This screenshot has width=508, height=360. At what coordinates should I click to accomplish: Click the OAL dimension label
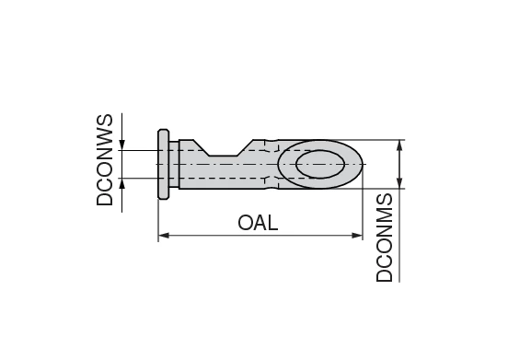258,223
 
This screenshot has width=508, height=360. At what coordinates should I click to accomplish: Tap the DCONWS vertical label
105,160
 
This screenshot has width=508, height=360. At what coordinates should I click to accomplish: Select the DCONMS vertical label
386,237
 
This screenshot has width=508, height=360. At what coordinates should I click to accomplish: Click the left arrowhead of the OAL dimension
163,237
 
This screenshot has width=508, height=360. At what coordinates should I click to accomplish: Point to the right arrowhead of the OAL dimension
358,237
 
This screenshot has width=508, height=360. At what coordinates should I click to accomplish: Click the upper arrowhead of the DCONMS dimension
399,145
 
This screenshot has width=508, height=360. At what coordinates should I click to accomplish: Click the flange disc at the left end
164,164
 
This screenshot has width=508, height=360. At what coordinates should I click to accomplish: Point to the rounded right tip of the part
360,165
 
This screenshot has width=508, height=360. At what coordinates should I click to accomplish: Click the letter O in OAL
246,223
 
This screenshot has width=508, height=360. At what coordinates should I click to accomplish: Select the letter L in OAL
271,223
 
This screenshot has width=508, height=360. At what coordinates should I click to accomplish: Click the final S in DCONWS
105,121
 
